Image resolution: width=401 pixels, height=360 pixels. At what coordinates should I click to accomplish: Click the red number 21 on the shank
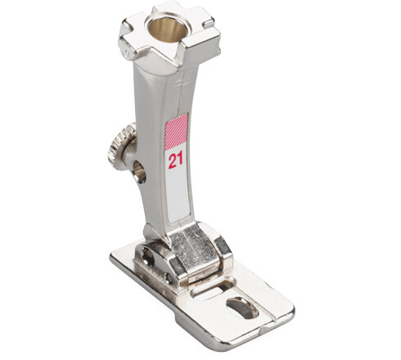tap(176, 160)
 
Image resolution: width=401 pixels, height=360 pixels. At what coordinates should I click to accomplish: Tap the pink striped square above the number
tap(177, 129)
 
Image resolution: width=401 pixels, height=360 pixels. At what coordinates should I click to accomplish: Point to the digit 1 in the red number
tap(180, 160)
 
